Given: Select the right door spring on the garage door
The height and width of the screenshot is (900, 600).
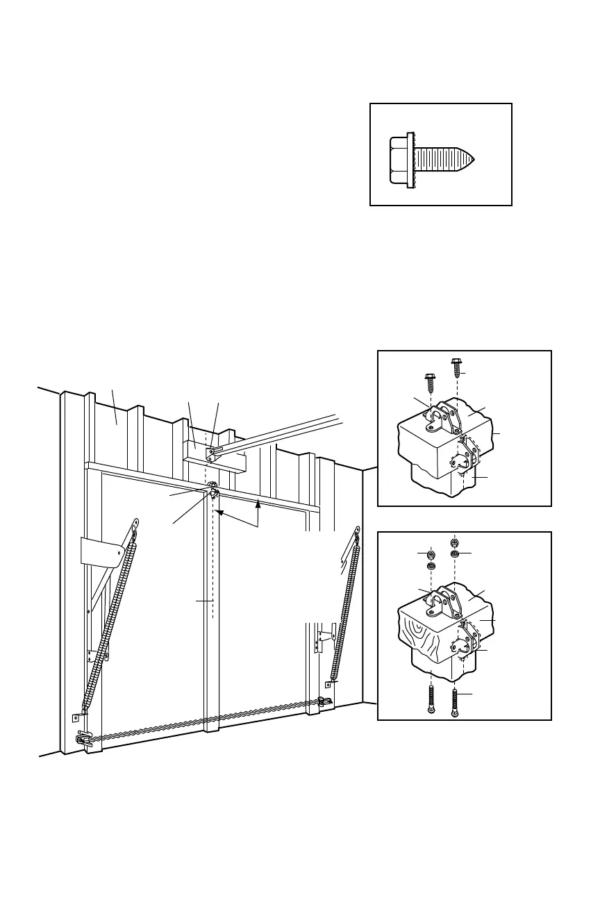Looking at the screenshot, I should pos(347,604).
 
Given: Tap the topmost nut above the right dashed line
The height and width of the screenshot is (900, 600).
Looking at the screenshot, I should pos(454,542).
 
